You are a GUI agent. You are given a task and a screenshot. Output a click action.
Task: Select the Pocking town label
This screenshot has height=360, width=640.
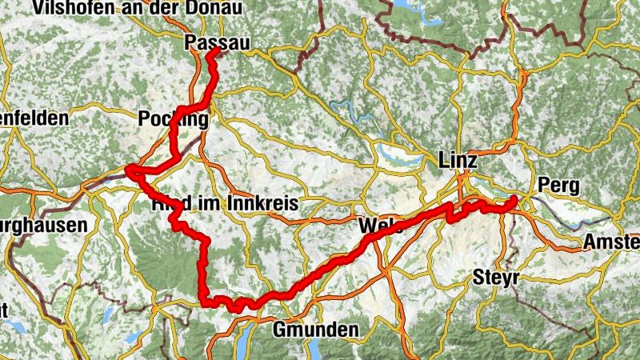(x=173, y=119)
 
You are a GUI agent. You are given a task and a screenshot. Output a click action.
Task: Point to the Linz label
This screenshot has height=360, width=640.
(x=458, y=161)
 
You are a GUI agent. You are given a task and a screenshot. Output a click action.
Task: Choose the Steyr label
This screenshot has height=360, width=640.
(x=496, y=278)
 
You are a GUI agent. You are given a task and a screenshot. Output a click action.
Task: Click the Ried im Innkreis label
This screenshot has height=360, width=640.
(x=224, y=204)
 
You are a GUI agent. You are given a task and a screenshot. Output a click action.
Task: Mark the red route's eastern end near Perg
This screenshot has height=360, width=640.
(x=513, y=198)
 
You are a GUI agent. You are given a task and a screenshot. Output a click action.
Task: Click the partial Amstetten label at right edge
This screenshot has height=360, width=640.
(x=611, y=241)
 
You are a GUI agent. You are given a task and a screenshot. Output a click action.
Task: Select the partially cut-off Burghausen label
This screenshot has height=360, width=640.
(x=43, y=226)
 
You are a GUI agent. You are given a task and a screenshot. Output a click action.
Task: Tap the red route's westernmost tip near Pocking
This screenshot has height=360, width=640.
(x=128, y=169)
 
